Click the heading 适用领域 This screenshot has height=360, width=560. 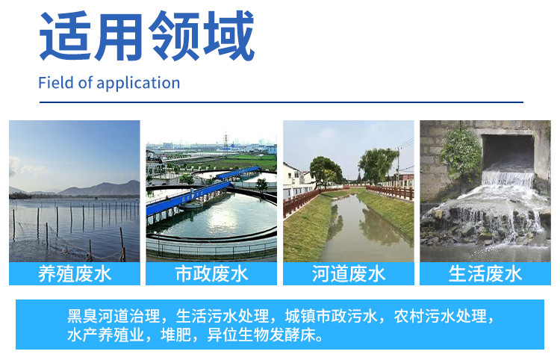click(x=147, y=36)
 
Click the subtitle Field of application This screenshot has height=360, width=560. click(x=109, y=83)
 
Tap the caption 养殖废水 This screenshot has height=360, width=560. click(x=75, y=274)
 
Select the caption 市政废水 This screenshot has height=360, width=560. click(x=211, y=274)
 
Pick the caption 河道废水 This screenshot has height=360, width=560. click(x=349, y=274)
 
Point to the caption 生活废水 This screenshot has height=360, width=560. click(x=485, y=274)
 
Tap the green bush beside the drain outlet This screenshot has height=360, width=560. click(x=461, y=154)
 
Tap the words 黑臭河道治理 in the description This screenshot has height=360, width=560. click(x=113, y=317)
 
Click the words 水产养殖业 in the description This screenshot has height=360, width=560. click(x=106, y=335)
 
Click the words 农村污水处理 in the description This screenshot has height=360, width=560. click(x=441, y=317)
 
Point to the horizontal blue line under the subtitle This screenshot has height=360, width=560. click(x=281, y=102)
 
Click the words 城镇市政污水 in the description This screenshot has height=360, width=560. click(x=332, y=317)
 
